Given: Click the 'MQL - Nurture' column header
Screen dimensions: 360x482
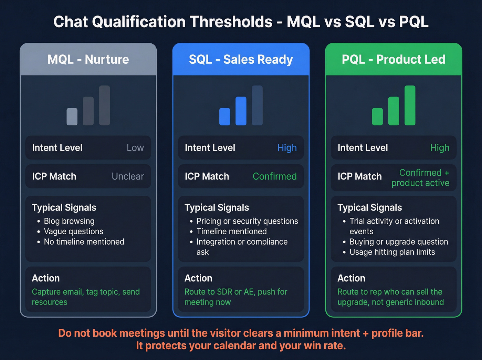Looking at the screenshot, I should pos(88,60).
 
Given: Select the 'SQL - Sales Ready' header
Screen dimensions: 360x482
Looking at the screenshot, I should pos(241,60).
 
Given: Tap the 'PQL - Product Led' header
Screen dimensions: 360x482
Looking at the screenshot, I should pos(394,60).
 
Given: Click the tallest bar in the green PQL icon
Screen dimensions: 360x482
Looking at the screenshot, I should pos(410,105).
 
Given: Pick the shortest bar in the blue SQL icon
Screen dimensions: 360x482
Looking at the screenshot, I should pos(224,116).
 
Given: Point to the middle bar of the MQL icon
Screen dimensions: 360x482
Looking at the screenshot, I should pos(88,111).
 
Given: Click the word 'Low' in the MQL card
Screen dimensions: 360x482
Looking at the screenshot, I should pos(135,148).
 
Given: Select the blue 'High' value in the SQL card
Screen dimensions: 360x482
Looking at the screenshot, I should pos(287,148).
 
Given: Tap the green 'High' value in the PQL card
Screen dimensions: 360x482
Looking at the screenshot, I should pos(440,148).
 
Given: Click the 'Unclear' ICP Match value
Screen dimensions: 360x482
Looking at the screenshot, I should pos(128,176).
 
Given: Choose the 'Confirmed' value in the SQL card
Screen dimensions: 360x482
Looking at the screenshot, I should pos(274,176).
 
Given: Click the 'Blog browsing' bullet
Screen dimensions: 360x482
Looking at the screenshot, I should pos(69,221).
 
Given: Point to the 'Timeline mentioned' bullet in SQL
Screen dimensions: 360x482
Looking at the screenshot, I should pos(231,232).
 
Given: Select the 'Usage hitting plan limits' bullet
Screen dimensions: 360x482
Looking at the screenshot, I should pos(392,252).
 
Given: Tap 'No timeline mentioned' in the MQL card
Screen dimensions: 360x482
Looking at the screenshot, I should pos(84,242).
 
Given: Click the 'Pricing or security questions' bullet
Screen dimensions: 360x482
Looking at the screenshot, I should pos(247,221).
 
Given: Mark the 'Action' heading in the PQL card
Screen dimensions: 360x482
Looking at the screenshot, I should pos(351,278).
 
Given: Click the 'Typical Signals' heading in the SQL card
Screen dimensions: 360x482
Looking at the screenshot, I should pos(217,207).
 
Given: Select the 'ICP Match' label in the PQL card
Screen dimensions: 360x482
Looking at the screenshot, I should pos(359,176).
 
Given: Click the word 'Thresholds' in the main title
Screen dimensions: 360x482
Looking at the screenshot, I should pos(231,22).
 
